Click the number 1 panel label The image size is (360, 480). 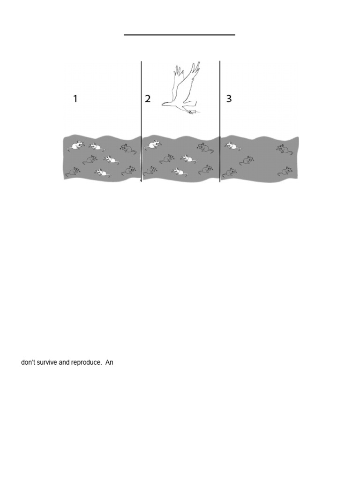point(75,98)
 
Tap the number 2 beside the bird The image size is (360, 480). point(148,98)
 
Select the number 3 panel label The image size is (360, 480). point(229,98)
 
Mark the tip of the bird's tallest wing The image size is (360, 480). point(198,63)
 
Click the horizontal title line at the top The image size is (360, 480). point(180,35)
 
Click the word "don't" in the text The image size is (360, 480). point(28,362)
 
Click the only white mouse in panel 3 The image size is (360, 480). point(232,146)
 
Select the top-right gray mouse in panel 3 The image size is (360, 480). point(282,149)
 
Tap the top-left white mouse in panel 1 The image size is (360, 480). point(75,145)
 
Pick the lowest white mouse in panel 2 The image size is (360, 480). point(178,172)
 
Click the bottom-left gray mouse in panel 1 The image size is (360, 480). point(73,172)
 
